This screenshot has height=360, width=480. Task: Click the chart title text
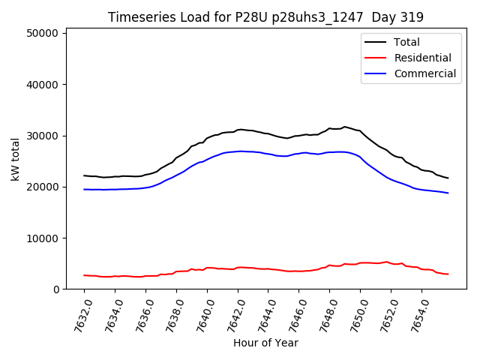tap(265, 17)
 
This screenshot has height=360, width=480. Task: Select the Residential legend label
tap(422, 58)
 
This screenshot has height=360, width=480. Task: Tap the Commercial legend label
tap(424, 73)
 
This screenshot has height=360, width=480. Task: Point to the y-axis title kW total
tap(15, 159)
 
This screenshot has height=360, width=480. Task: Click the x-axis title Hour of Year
tap(265, 343)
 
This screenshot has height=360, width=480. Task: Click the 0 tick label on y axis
tap(56, 289)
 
